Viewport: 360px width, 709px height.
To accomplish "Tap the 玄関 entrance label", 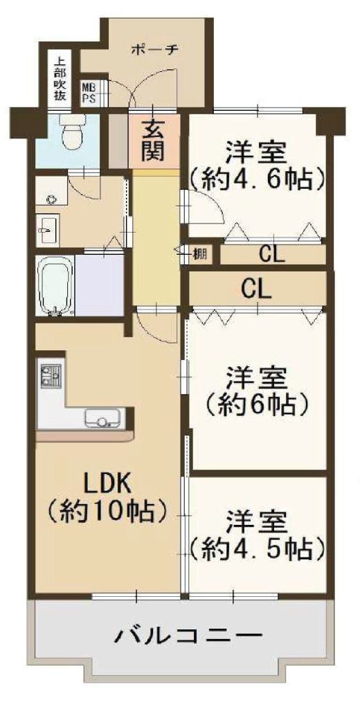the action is (153, 142).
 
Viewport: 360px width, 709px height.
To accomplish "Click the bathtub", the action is (55, 286).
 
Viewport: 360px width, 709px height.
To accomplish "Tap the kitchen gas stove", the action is (51, 373).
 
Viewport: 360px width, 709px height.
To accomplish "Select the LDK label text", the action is (107, 486).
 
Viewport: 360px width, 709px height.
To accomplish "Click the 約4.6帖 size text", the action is (258, 180).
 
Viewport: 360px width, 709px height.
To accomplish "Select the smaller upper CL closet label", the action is (272, 255).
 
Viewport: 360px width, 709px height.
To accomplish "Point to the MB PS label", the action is (88, 92).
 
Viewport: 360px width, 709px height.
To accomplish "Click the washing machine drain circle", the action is (51, 198).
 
